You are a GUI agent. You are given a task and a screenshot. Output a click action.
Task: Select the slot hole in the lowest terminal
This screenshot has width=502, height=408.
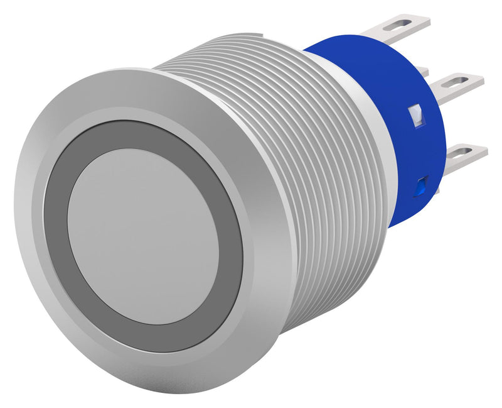click(x=462, y=151)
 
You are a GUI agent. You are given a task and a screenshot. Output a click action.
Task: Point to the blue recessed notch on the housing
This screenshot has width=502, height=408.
click(x=422, y=184)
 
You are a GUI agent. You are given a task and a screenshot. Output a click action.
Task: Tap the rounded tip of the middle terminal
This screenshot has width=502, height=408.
click(x=480, y=79)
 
